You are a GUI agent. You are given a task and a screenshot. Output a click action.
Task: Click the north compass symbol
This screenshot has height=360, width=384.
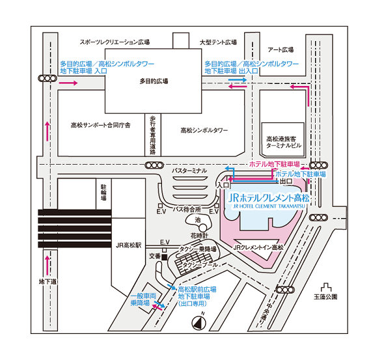click(199, 323)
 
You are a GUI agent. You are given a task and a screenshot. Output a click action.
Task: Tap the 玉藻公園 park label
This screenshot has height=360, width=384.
click(325, 297)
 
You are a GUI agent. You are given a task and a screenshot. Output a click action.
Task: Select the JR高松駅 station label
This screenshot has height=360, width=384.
click(129, 245)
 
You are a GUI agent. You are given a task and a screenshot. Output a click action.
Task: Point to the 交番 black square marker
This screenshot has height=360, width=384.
click(164, 257)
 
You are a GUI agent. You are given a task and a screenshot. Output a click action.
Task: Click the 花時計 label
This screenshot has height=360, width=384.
click(199, 236)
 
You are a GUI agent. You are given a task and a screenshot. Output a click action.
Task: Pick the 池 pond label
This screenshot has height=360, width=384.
click(197, 220)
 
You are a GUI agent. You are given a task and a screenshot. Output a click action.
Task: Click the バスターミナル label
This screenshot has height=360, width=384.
click(189, 171)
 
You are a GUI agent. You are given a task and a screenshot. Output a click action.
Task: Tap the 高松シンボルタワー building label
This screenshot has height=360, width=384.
click(204, 130)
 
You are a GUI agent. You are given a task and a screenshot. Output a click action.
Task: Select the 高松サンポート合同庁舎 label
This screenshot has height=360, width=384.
click(101, 125)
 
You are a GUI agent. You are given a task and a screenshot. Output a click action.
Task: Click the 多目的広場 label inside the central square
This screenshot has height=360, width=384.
click(154, 81)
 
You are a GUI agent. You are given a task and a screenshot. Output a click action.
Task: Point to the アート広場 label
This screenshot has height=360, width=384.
click(281, 49)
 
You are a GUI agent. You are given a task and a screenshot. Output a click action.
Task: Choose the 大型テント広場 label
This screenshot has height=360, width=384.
click(218, 42)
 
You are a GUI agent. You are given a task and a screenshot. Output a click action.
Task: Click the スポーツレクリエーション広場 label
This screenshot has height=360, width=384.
click(115, 42)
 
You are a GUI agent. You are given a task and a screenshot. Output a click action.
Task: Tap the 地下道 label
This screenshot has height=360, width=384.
click(48, 282)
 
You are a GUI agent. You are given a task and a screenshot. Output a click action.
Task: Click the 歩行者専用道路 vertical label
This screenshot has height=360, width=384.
click(153, 135)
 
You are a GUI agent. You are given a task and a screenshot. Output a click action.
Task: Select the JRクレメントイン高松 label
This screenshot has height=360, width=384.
click(258, 247)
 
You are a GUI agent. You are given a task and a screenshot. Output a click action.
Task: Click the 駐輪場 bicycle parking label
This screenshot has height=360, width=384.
click(103, 193)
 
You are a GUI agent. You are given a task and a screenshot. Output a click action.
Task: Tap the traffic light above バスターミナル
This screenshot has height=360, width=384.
click(154, 165)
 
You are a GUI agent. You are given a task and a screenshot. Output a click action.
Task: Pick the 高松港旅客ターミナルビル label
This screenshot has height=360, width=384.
click(284, 143)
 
